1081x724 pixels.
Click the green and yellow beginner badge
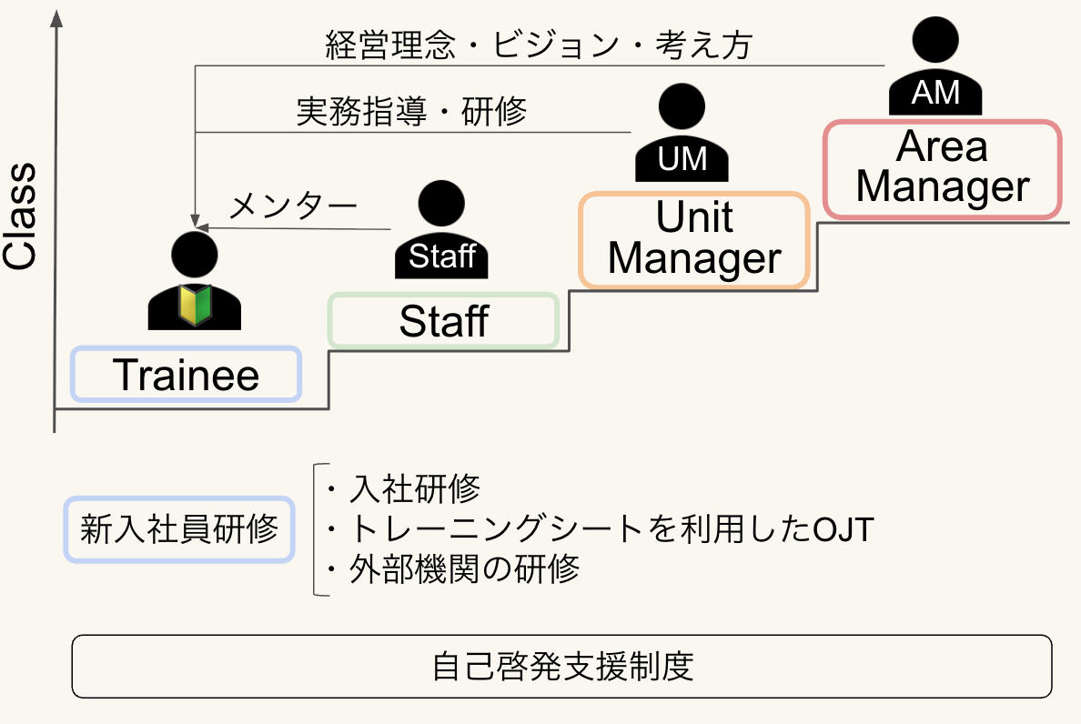pyautogui.click(x=195, y=304)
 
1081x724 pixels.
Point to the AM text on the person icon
pyautogui.click(x=935, y=92)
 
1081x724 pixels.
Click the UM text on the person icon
pyautogui.click(x=682, y=159)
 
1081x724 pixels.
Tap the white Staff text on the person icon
pyautogui.click(x=442, y=256)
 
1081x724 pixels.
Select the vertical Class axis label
pyautogui.click(x=19, y=216)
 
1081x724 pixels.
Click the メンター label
pyautogui.click(x=292, y=206)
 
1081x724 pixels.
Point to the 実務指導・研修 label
pyautogui.click(x=411, y=112)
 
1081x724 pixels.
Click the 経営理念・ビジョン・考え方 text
pyautogui.click(x=539, y=45)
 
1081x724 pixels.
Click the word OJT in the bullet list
pyautogui.click(x=844, y=529)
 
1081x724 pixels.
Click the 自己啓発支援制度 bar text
pyautogui.click(x=562, y=666)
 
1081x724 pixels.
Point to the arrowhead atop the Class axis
pyautogui.click(x=56, y=18)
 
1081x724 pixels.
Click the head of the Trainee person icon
pyautogui.click(x=195, y=254)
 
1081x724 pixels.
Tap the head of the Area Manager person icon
pyautogui.click(x=935, y=40)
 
